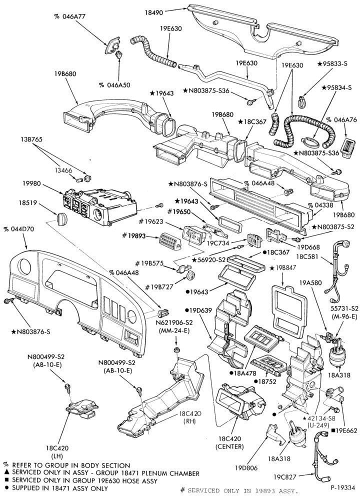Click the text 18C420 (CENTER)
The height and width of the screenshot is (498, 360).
(x=229, y=442)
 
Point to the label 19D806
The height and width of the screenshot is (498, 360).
(x=246, y=468)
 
